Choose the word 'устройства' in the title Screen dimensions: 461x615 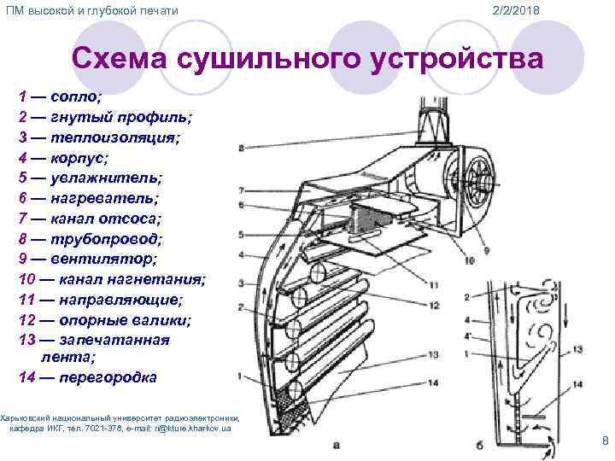[458, 59]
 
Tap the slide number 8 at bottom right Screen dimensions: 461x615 [605, 441]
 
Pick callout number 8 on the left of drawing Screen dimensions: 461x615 [241, 149]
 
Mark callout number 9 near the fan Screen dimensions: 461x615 [486, 250]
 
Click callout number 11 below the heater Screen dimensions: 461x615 [434, 284]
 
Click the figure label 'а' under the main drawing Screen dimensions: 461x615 [337, 444]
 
